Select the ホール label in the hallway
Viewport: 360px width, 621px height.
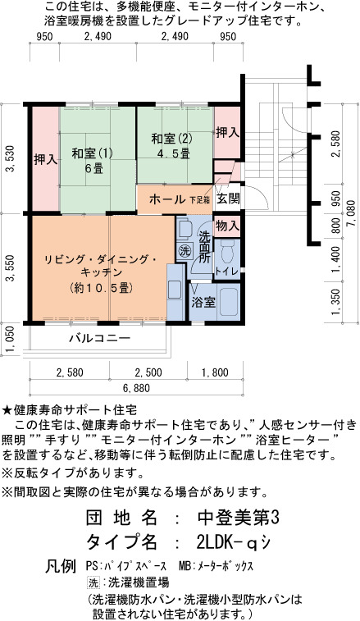coord(166,199)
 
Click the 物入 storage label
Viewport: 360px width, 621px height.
coord(228,226)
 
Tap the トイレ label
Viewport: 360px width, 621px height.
coord(227,272)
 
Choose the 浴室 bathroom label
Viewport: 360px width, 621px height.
coord(203,303)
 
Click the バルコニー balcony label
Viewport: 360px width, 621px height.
coord(100,339)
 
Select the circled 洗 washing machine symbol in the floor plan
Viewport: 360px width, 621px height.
coord(184,251)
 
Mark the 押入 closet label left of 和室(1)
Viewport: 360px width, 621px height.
coord(45,160)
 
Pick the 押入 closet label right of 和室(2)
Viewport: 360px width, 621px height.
coord(227,133)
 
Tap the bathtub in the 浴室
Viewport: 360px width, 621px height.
coord(229,303)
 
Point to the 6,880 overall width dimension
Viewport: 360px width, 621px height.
coord(136,388)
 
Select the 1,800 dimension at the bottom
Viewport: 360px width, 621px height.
coord(215,372)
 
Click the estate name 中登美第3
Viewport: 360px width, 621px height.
coord(238,518)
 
